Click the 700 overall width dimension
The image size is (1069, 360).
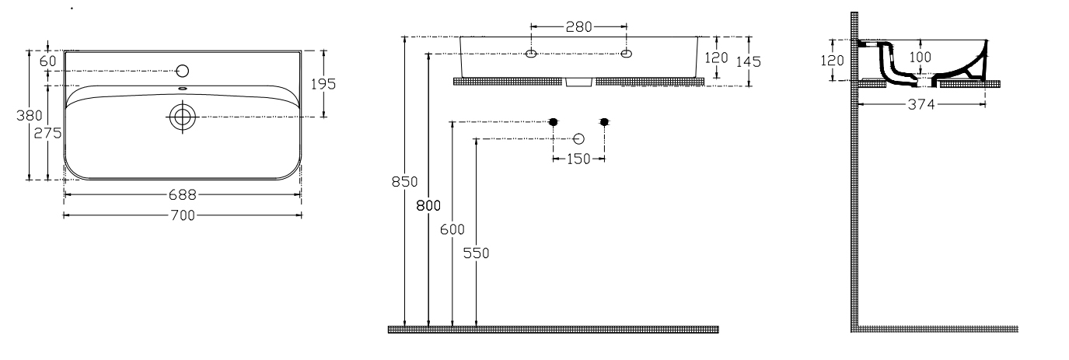coord(183,216)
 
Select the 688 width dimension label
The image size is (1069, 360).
coord(183,195)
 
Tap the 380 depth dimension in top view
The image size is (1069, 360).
coord(30,116)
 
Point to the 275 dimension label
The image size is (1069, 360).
coord(47,133)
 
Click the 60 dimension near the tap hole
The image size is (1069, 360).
coord(48,61)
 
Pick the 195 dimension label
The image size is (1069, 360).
coord(323,84)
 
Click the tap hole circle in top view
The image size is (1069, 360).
coord(182,71)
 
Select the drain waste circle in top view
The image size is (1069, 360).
coord(182,117)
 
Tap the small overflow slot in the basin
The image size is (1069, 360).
coord(182,89)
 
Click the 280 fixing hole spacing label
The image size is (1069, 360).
coord(579,27)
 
